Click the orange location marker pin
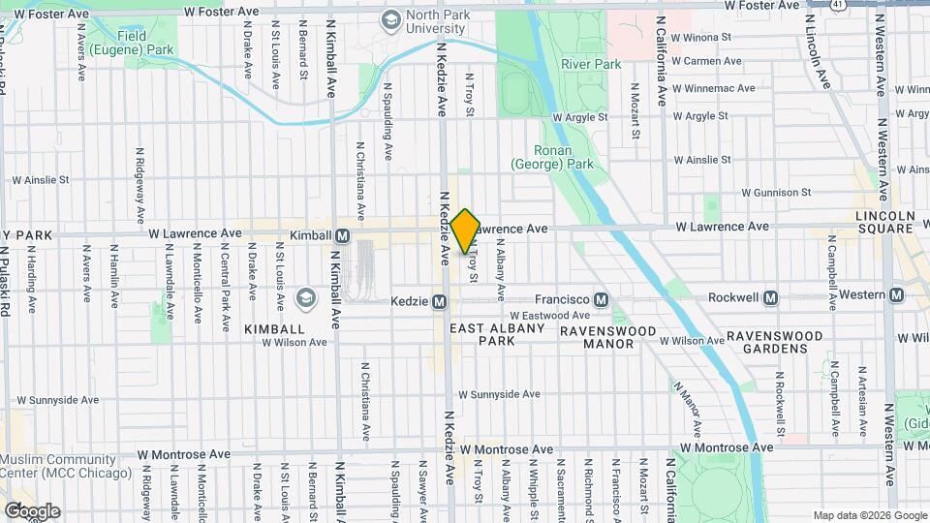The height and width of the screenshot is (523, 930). (465, 231)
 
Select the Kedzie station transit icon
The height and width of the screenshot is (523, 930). (440, 301)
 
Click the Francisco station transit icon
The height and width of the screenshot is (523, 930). (602, 298)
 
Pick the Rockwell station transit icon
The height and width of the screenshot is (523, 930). (771, 297)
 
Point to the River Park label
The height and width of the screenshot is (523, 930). (591, 64)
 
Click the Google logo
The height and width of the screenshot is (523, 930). (32, 510)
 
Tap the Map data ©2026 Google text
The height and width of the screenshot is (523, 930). (868, 515)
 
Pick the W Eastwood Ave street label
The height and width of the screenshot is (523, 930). (549, 316)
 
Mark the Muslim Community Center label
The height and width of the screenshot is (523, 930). (46, 466)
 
